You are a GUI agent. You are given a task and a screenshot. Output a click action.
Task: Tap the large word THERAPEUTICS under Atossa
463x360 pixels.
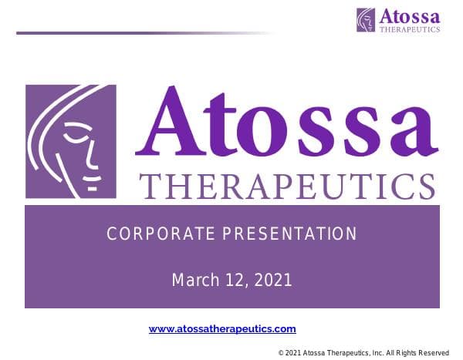coord(286,187)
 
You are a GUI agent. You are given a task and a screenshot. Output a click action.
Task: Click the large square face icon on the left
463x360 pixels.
coord(70,143)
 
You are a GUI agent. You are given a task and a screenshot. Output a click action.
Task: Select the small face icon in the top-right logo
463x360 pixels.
coord(366,19)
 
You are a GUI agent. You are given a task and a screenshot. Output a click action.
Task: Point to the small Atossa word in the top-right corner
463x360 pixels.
coord(408,15)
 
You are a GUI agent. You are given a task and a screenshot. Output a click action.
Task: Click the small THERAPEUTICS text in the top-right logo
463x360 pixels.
coord(409,29)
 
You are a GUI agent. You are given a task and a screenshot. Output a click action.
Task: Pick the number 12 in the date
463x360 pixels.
coord(236,280)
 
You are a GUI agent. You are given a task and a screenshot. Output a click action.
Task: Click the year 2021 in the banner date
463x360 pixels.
coord(273,280)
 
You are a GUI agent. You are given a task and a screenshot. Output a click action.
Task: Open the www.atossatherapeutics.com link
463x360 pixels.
coord(222,328)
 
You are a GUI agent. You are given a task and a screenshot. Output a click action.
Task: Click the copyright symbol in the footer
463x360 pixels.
coord(281,352)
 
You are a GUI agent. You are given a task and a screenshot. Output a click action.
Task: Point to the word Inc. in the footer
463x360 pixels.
coord(375,352)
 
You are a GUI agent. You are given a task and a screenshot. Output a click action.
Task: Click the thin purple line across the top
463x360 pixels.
coord(139,33)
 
